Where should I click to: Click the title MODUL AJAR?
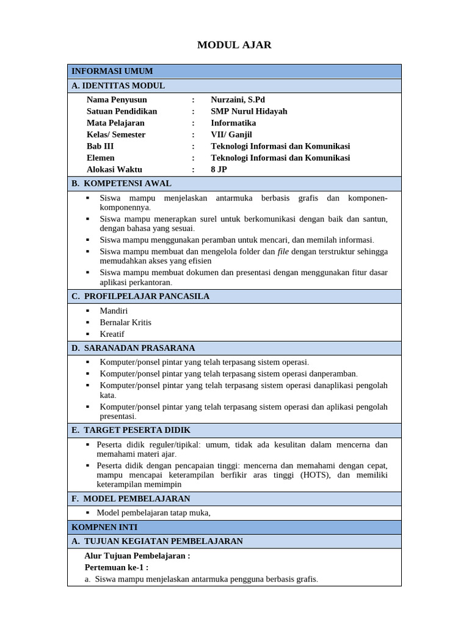[234, 45]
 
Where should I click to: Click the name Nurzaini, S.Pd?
[238, 100]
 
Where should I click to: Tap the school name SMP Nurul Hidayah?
[249, 111]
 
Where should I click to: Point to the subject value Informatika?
[233, 123]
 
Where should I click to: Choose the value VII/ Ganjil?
[231, 134]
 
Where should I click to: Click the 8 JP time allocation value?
[219, 169]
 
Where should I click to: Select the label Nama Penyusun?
[117, 100]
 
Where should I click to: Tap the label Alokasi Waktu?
[114, 169]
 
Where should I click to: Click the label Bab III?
[100, 146]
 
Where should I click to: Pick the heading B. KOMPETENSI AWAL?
[122, 183]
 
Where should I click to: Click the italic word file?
[283, 251]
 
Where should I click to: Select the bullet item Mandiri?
[114, 311]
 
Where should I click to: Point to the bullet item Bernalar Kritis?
[125, 322]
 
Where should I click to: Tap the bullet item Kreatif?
[112, 334]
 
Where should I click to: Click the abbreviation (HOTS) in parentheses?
[316, 475]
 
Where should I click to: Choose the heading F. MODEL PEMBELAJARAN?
[131, 499]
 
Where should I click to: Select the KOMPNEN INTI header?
[104, 527]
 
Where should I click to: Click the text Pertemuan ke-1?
[116, 567]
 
